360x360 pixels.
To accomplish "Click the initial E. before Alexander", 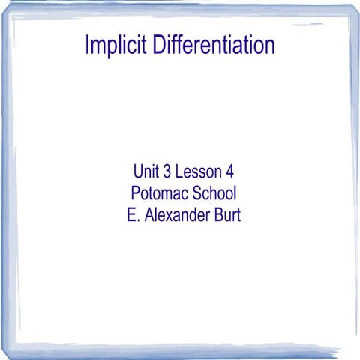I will pos(133,214).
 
